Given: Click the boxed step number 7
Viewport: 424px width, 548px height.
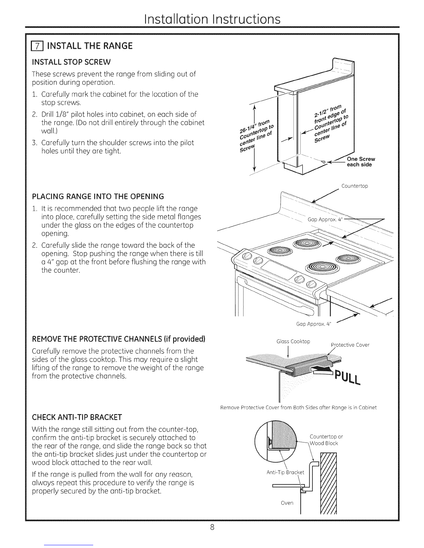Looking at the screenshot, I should (36, 46).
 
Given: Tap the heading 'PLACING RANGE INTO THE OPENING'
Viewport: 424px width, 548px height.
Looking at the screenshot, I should (98, 197).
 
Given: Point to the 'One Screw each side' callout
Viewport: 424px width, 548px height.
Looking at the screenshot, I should (361, 162).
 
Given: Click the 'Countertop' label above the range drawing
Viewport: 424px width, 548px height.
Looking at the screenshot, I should (354, 186).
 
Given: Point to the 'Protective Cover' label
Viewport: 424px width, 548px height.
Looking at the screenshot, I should (350, 345).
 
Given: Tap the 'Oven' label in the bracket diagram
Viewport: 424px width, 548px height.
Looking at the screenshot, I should (287, 503).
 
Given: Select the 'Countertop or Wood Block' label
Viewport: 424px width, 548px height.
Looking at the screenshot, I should (325, 440).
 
